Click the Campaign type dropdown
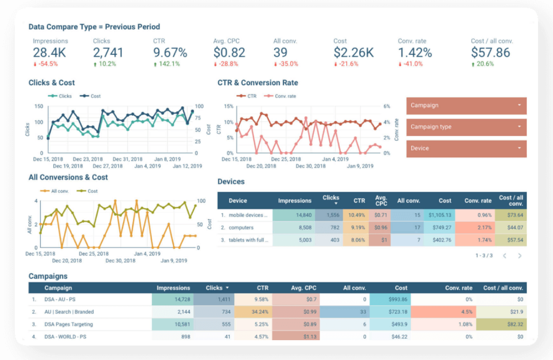pyautogui.click(x=466, y=127)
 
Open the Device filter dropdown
pyautogui.click(x=466, y=149)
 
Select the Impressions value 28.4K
pyautogui.click(x=49, y=53)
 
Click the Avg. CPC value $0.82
pyautogui.click(x=229, y=53)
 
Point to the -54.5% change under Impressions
pyautogui.click(x=46, y=64)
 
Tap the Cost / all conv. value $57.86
pyautogui.click(x=491, y=53)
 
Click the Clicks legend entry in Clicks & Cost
pyautogui.click(x=60, y=96)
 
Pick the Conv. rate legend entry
pyautogui.click(x=280, y=96)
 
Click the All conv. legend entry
pyautogui.click(x=55, y=191)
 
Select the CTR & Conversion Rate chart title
pyautogui.click(x=258, y=82)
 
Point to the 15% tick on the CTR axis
pyautogui.click(x=229, y=106)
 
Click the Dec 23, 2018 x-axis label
pyautogui.click(x=88, y=159)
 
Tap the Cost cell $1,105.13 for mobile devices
pyautogui.click(x=439, y=215)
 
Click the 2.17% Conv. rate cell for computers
pyautogui.click(x=475, y=228)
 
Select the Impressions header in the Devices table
pyautogui.click(x=294, y=201)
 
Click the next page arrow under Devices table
pyautogui.click(x=520, y=256)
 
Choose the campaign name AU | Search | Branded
pyautogui.click(x=69, y=312)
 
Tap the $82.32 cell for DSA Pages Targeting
pyautogui.click(x=501, y=324)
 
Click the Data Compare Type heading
pyautogui.click(x=94, y=27)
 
